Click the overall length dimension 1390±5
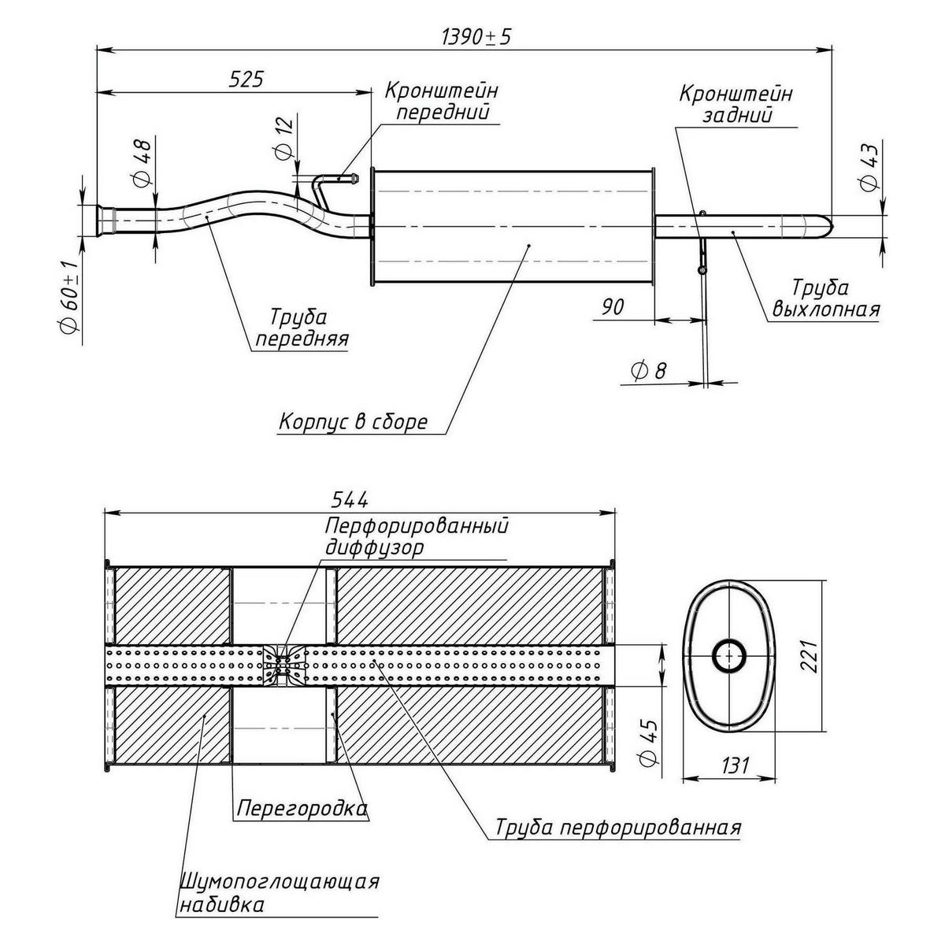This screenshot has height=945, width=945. click(x=471, y=37)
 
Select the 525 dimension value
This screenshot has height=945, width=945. click(x=245, y=79)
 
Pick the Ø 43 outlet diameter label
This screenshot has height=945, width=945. click(x=869, y=168)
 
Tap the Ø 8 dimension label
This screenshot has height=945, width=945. click(x=649, y=370)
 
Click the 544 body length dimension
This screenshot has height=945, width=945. click(x=348, y=499)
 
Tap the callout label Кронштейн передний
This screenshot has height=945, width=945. click(x=441, y=101)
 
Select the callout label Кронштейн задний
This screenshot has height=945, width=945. click(x=736, y=104)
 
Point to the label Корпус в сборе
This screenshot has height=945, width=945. click(x=353, y=422)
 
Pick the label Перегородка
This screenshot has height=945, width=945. click(x=302, y=809)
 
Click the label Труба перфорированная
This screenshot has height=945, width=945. click(x=618, y=828)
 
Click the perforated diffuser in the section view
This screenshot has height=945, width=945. click(x=283, y=664)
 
